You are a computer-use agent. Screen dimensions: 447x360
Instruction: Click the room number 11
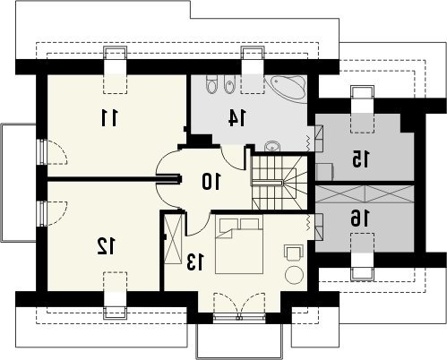[109, 117]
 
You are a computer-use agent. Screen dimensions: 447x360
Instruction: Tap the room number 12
[106, 246]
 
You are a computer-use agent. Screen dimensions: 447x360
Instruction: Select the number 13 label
[196, 261]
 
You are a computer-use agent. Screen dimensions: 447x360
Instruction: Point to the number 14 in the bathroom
[236, 117]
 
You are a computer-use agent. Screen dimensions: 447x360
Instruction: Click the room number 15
[360, 159]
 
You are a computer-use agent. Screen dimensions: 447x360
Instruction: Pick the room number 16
[360, 218]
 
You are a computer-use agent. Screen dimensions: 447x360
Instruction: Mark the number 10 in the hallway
[211, 182]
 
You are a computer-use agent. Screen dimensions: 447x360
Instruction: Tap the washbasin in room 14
[272, 146]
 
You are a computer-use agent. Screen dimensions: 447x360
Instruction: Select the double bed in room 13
[239, 245]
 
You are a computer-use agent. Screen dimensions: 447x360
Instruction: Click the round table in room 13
[294, 274]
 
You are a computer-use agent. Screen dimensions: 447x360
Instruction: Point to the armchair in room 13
[294, 253]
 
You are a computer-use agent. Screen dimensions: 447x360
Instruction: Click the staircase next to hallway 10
[279, 183]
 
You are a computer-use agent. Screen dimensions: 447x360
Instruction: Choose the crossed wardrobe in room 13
[173, 239]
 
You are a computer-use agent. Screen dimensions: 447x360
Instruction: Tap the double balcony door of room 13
[239, 306]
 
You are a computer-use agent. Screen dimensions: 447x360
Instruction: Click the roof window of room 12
[115, 295]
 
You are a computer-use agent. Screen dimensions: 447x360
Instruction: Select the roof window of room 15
[363, 109]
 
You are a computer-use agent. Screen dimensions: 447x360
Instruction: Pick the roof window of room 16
[363, 257]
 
